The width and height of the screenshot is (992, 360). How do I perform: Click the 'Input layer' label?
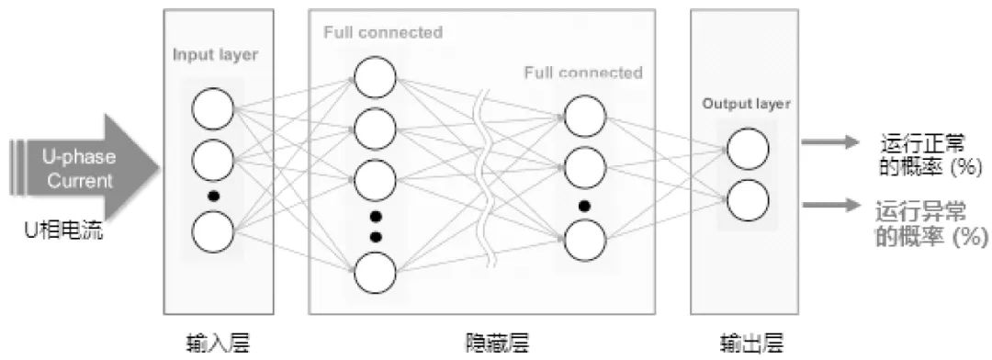coord(215,54)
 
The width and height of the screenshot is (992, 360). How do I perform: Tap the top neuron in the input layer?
coord(212,110)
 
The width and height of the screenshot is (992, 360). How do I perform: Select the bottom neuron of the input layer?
coord(212,230)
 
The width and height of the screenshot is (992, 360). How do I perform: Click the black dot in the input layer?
coord(212,195)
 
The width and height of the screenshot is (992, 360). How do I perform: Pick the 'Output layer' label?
coord(746,104)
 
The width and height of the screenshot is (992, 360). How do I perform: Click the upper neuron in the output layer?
coord(747,150)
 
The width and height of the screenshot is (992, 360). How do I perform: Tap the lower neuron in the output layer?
coord(747,199)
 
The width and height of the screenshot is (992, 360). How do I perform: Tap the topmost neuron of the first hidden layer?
coord(375,77)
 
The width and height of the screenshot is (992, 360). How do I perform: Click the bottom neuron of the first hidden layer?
coord(375,272)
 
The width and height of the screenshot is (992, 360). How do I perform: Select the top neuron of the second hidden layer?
coord(585,117)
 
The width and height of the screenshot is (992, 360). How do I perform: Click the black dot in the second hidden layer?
coord(584,205)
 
